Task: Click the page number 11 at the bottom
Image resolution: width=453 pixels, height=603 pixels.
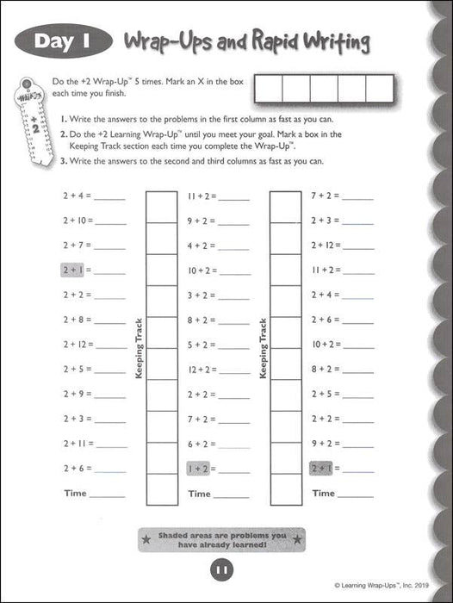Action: pos(220,569)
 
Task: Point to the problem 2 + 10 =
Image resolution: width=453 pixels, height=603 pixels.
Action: pos(78,220)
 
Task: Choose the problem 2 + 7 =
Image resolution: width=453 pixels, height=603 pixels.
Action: pos(76,245)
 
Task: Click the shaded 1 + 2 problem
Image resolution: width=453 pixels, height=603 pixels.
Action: pos(199,469)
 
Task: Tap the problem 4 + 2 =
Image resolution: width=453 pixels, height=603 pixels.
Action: pos(202,245)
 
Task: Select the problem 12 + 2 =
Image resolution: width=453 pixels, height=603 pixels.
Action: pos(203,370)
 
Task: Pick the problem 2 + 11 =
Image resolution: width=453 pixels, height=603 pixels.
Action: pos(78,444)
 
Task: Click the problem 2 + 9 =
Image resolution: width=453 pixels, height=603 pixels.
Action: pos(76,394)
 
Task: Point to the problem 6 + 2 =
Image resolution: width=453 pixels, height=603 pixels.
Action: pos(202,444)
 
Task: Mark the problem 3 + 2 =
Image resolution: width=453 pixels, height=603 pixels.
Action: pos(202,295)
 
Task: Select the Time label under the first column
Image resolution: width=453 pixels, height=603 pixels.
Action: pos(76,494)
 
